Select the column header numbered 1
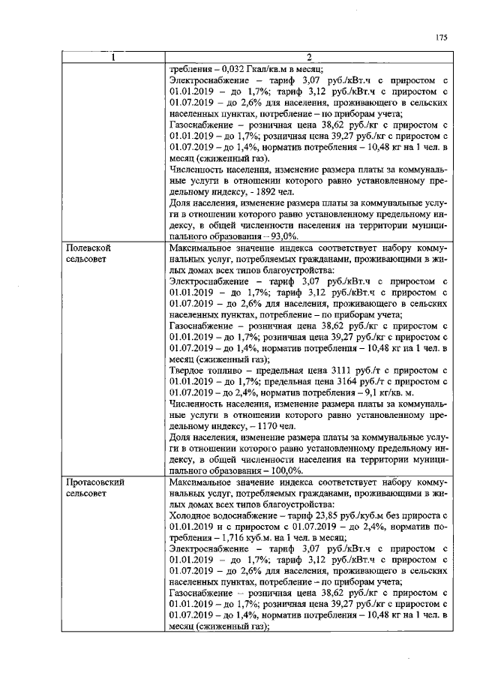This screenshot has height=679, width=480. point(113,59)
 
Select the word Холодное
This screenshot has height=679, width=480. point(192,516)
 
